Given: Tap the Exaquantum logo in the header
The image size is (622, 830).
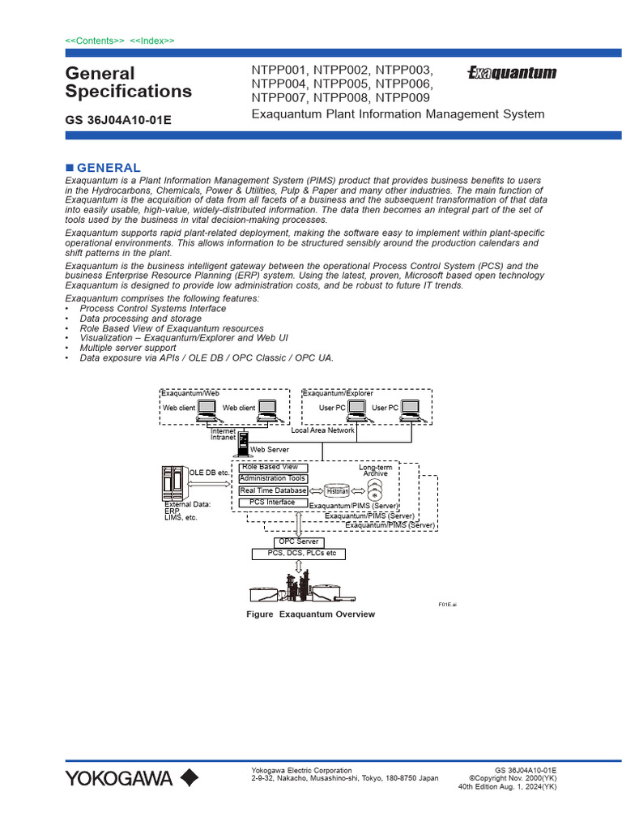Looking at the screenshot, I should pyautogui.click(x=512, y=74).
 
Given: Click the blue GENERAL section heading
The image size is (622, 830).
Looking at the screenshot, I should pyautogui.click(x=113, y=168).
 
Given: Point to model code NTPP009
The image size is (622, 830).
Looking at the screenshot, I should pyautogui.click(x=403, y=98).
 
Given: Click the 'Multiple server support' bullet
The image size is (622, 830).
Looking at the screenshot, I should pyautogui.click(x=127, y=348).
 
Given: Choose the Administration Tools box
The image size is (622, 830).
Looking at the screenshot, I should pyautogui.click(x=272, y=479).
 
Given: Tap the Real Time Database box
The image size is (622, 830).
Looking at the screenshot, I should pyautogui.click(x=273, y=490).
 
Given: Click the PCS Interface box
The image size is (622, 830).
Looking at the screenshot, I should pyautogui.click(x=272, y=503).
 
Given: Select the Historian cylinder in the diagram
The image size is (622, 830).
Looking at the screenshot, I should pyautogui.click(x=337, y=491).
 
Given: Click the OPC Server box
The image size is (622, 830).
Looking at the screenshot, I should pyautogui.click(x=298, y=542).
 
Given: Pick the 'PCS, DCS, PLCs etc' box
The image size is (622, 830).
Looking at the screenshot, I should pyautogui.click(x=298, y=554).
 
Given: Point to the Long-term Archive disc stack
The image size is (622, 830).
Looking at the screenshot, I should pyautogui.click(x=375, y=490).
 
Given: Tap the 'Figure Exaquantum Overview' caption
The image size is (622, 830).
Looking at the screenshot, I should pyautogui.click(x=311, y=614).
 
